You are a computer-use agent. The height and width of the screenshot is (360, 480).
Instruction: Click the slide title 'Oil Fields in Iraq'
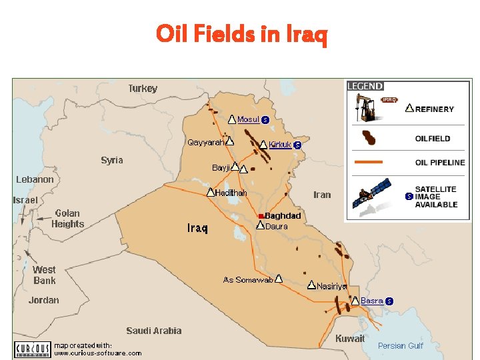pyautogui.click(x=241, y=34)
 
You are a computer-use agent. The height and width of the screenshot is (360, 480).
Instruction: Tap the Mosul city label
pyautogui.click(x=248, y=120)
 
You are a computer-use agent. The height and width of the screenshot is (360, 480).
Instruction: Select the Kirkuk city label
pyautogui.click(x=280, y=145)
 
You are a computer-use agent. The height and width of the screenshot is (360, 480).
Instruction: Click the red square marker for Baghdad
pyautogui.click(x=261, y=216)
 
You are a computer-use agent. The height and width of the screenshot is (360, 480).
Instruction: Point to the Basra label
pyautogui.click(x=371, y=301)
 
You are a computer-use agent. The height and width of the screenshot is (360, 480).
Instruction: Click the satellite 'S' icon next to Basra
pyautogui.click(x=389, y=301)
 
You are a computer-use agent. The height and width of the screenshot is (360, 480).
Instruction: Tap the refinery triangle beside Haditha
pyautogui.click(x=210, y=192)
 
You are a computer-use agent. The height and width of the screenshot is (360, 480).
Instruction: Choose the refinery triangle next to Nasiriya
pyautogui.click(x=311, y=285)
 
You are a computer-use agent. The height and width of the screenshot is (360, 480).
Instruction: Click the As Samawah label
pyautogui.click(x=248, y=280)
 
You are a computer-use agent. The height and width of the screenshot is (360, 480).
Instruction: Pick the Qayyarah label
pyautogui.click(x=205, y=142)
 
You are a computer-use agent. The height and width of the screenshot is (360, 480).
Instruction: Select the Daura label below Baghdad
pyautogui.click(x=277, y=227)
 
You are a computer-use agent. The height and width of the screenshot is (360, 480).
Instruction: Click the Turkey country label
pyautogui.click(x=143, y=89)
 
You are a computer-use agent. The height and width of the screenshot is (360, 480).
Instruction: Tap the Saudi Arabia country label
pyautogui.click(x=153, y=331)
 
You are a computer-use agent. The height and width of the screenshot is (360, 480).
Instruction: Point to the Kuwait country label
pyautogui.click(x=349, y=339)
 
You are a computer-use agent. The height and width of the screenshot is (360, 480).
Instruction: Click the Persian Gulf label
pyautogui.click(x=400, y=345)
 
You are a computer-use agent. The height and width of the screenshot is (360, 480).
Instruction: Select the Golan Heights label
pyautogui.click(x=68, y=219)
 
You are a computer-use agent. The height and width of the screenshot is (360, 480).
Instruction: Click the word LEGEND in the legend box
pyautogui.click(x=365, y=86)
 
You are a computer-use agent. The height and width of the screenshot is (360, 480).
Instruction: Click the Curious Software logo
pyautogui.click(x=32, y=349)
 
